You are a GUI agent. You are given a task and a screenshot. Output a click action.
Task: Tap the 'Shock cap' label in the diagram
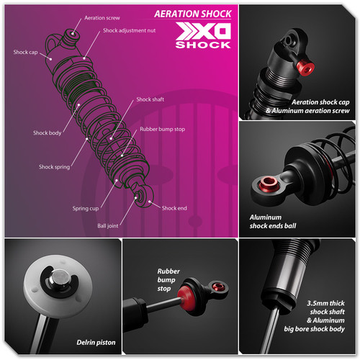pyautogui.click(x=24, y=53)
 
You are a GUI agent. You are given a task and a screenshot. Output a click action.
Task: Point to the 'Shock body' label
pyautogui.click(x=46, y=132)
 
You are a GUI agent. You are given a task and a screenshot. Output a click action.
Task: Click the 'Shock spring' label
pyautogui.click(x=54, y=166)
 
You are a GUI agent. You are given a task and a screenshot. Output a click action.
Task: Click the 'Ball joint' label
pyautogui.click(x=109, y=225)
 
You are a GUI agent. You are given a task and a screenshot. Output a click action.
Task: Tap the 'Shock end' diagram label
pyautogui.click(x=174, y=208)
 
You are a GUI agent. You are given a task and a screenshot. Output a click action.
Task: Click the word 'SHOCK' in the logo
pyautogui.click(x=204, y=45)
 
